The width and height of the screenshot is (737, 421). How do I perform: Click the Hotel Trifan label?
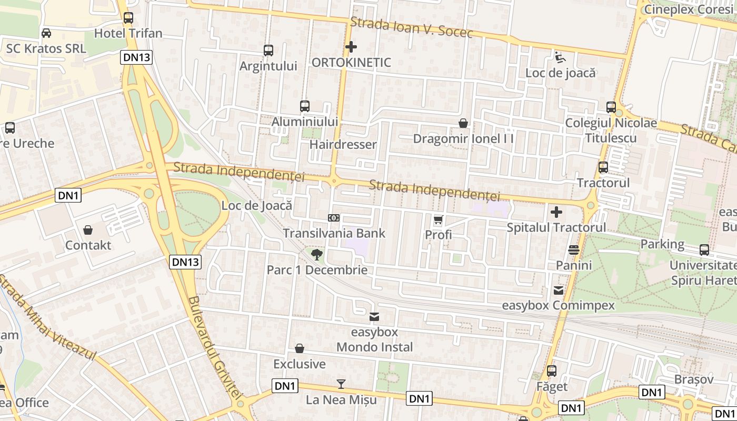point(128,33)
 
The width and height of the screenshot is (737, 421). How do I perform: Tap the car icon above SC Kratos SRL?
point(46,33)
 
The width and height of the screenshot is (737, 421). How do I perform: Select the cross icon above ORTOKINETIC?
point(351,47)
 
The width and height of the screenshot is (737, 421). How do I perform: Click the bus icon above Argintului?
point(268,51)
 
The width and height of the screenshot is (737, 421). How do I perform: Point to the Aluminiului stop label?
point(304,122)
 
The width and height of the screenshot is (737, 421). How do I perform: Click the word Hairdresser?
point(343,144)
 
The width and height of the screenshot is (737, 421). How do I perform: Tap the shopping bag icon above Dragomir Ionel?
point(463,123)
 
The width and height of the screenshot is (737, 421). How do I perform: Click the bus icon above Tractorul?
point(603,167)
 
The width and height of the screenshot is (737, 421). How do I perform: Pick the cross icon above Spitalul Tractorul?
point(556,212)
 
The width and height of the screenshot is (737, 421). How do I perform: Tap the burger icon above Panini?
point(574,249)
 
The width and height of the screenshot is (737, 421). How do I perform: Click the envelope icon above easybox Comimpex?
point(558,290)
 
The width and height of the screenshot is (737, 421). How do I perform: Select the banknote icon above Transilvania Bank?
point(334,218)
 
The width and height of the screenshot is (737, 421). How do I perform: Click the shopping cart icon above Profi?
point(439,219)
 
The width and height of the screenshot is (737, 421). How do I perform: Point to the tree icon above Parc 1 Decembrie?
point(317,255)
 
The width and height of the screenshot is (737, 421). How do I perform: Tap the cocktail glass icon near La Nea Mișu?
point(341,384)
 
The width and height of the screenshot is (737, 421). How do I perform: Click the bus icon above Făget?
point(552,371)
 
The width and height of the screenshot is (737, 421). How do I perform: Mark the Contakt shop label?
point(88,245)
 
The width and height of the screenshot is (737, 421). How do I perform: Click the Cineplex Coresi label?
point(689,9)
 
